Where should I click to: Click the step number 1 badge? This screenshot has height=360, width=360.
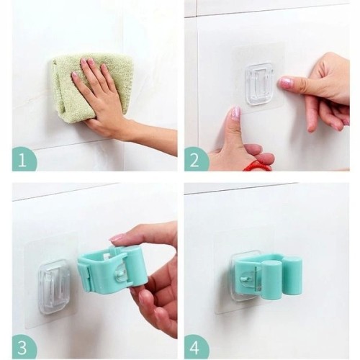[24, 159]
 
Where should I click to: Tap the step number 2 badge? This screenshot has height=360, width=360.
[196, 159]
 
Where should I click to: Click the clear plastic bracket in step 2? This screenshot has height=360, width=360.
[258, 84]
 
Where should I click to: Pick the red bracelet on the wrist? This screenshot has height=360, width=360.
[257, 166]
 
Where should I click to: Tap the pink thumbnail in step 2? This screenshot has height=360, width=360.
[236, 114]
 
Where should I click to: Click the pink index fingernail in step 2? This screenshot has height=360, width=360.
[286, 83]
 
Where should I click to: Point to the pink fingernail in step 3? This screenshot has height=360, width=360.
[117, 238]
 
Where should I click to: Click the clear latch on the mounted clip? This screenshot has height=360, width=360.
[250, 279]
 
